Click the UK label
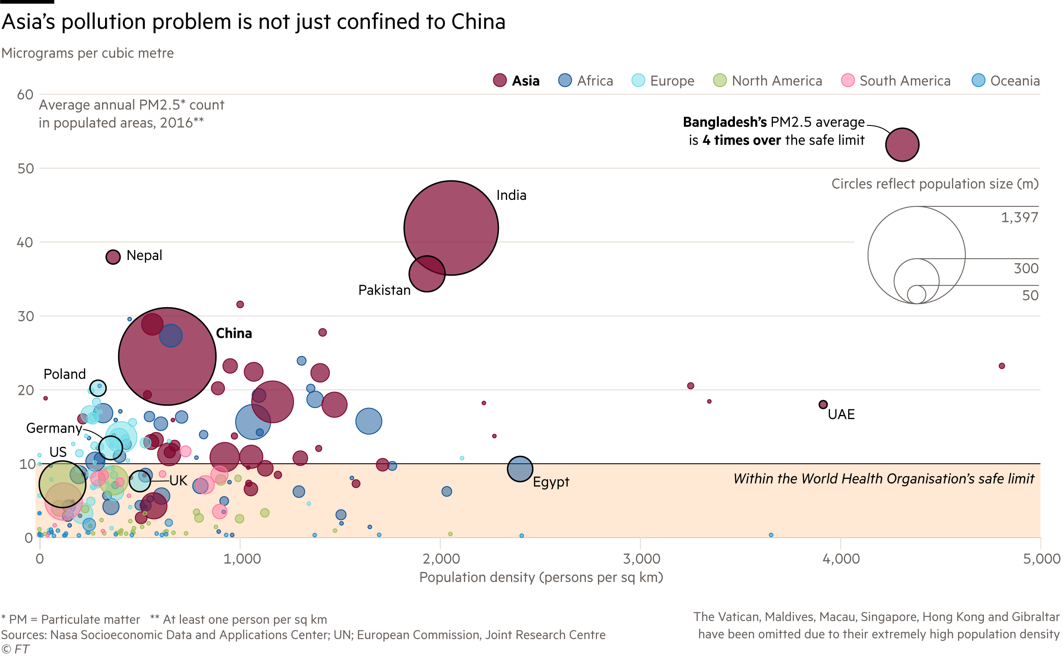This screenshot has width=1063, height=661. coord(178,481)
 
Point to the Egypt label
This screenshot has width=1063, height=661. coord(551,482)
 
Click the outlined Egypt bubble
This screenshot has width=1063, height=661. coord(520,469)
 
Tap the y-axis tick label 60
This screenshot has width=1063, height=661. coord(26,95)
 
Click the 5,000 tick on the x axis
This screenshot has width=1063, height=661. coord(1041,558)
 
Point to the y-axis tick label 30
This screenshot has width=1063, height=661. coord(26,316)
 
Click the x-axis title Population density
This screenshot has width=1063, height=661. coord(541,578)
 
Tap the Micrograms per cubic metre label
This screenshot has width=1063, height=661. coord(87,53)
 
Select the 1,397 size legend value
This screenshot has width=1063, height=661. coord(1019,217)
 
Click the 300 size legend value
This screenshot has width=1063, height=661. coord(1026,268)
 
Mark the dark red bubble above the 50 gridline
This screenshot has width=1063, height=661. coord(902,145)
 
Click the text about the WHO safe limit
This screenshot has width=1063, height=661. coord(884,479)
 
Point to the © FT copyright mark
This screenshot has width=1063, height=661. coord(15,649)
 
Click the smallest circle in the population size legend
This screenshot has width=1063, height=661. coord(916,294)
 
